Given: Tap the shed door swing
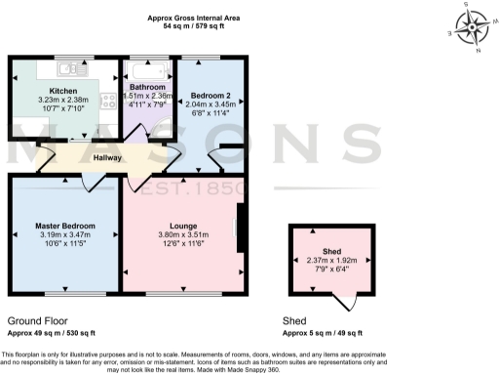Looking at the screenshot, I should tap(349, 303).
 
